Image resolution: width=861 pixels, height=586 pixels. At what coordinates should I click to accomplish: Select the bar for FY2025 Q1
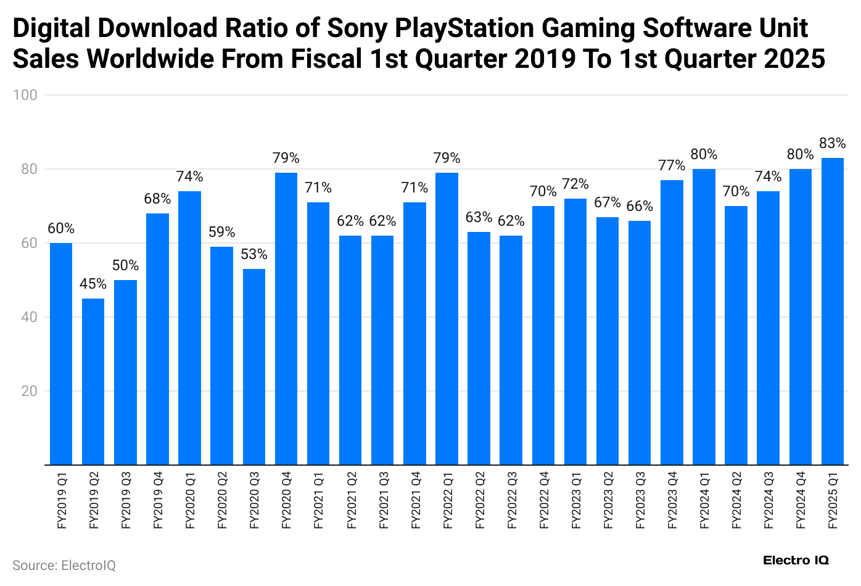(x=833, y=311)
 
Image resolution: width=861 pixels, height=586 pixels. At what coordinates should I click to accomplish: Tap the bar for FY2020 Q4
(x=286, y=318)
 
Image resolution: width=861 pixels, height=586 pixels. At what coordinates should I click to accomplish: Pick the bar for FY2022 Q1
(x=447, y=318)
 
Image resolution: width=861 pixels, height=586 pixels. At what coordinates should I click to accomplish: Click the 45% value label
(x=93, y=284)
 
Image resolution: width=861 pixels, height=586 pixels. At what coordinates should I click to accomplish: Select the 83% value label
(x=833, y=144)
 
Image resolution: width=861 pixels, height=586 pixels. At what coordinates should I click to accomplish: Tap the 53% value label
(x=254, y=255)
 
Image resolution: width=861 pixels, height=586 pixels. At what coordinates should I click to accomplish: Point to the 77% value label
(x=672, y=166)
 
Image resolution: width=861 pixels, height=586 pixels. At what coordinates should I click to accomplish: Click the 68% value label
(x=157, y=199)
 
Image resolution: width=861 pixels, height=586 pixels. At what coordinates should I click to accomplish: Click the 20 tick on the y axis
(x=29, y=391)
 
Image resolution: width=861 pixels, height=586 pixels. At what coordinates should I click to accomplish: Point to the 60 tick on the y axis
(x=29, y=243)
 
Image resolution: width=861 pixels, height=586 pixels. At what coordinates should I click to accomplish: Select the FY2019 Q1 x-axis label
(x=62, y=500)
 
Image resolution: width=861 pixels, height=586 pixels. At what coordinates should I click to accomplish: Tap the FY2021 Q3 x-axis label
(x=383, y=500)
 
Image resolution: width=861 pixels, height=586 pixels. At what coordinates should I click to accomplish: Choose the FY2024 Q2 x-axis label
(x=736, y=500)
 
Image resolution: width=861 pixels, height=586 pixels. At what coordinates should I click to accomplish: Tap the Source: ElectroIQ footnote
(x=64, y=566)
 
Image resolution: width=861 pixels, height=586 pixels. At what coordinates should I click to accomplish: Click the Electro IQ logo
(x=796, y=560)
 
